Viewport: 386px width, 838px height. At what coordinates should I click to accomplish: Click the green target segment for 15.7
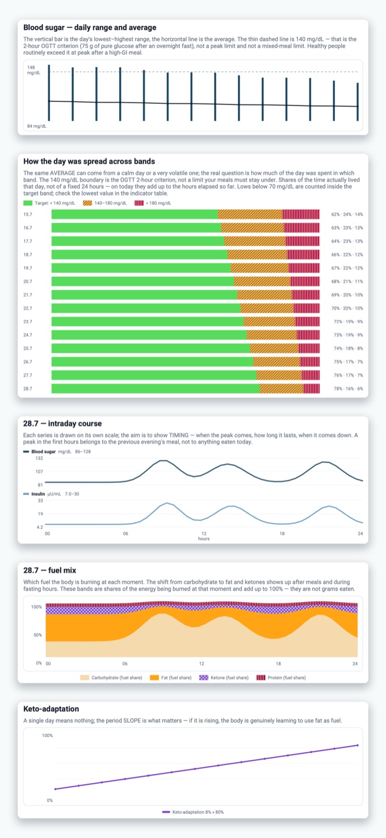click(x=135, y=214)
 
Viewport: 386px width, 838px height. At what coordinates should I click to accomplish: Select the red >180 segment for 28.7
click(x=312, y=389)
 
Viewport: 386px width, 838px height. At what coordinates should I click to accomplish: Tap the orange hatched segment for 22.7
click(x=267, y=308)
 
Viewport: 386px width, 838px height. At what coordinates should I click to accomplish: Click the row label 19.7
click(x=28, y=268)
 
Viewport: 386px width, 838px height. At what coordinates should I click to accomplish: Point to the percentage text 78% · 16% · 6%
click(x=348, y=389)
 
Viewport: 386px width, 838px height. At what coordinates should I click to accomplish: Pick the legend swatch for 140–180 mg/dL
click(x=87, y=203)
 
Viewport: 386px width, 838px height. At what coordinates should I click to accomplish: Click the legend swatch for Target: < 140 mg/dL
click(x=28, y=203)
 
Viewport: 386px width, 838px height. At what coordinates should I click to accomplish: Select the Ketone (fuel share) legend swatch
click(x=204, y=677)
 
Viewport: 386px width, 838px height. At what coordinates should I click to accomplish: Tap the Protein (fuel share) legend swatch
click(x=261, y=677)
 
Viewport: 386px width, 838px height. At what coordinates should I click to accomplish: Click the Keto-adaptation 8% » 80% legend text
click(x=198, y=812)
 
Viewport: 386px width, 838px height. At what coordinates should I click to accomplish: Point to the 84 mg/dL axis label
click(x=37, y=126)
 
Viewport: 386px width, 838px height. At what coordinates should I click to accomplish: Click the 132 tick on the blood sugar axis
click(x=39, y=458)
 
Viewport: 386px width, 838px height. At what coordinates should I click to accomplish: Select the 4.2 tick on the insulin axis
click(x=40, y=527)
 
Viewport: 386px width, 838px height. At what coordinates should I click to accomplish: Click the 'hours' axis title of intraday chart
click(x=204, y=539)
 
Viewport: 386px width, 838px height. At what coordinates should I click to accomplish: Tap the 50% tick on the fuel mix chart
click(x=38, y=635)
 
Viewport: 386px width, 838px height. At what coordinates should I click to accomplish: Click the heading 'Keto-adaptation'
click(x=51, y=709)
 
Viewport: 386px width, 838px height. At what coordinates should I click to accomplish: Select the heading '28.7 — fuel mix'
click(x=50, y=571)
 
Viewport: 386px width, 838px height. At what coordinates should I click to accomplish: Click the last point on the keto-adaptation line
click(x=358, y=745)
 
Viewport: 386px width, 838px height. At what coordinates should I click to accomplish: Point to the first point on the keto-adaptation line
click(x=56, y=789)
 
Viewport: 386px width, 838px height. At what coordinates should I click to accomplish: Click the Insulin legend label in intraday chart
click(x=38, y=494)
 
